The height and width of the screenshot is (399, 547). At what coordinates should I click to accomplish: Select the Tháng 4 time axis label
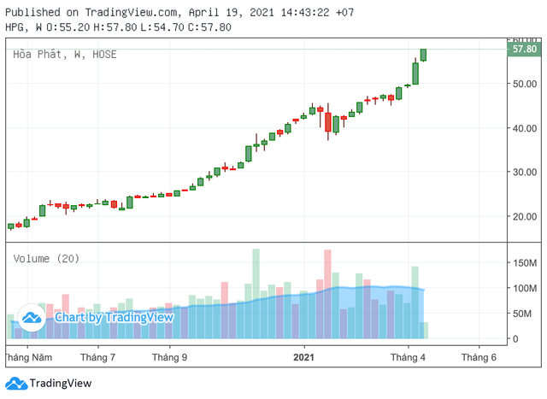coord(409,356)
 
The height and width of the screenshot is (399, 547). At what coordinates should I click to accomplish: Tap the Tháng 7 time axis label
coord(97,356)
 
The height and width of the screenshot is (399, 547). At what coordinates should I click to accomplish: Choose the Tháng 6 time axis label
coord(479,356)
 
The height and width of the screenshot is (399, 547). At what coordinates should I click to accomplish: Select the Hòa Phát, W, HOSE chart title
coord(65,55)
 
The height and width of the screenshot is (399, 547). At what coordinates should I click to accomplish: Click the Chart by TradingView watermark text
coord(114,318)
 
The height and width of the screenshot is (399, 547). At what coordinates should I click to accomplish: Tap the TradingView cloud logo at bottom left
coord(15,384)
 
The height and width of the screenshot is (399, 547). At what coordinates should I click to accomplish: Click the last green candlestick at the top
coord(424,55)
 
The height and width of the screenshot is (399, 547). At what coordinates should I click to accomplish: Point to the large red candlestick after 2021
coord(328,121)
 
